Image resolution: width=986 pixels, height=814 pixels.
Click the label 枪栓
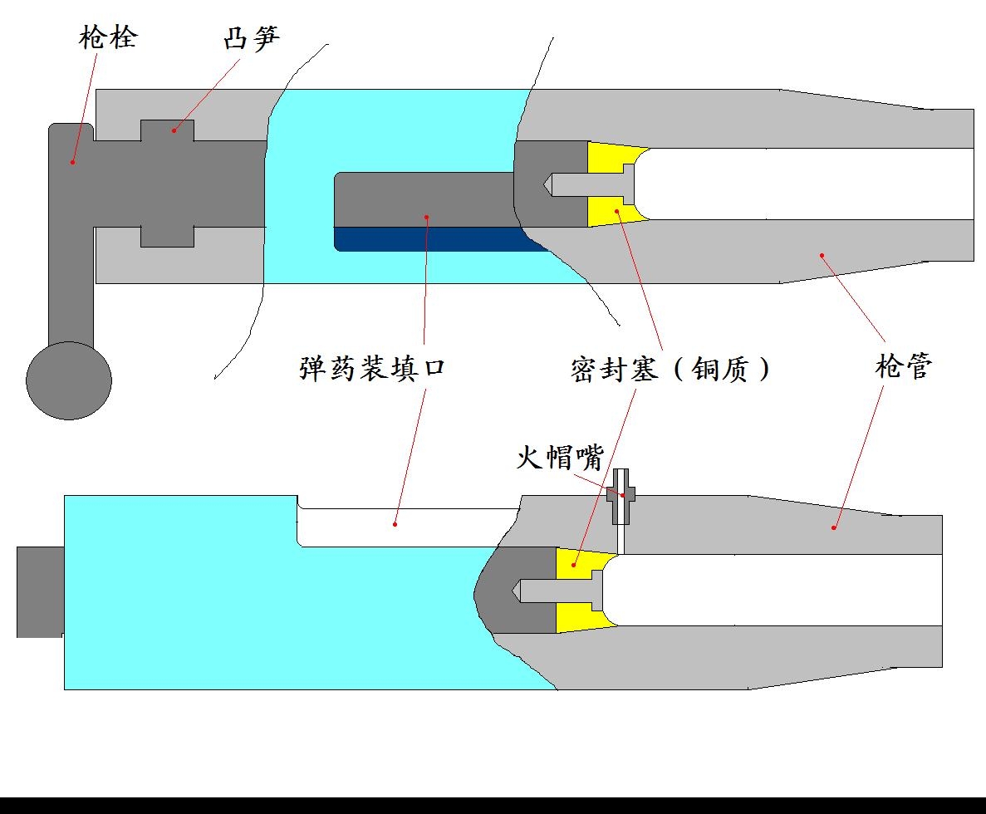(108, 38)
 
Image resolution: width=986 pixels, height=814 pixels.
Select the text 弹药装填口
(372, 368)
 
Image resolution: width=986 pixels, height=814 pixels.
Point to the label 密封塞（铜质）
(670, 368)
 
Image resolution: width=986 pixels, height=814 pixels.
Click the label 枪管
(904, 366)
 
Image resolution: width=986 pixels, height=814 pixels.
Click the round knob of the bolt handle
(69, 380)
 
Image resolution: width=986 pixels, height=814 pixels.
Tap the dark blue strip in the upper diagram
(432, 239)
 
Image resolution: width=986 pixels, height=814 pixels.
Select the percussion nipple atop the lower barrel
(622, 497)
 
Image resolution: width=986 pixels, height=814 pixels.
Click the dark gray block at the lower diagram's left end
(40, 591)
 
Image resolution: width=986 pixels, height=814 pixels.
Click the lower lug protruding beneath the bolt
(167, 236)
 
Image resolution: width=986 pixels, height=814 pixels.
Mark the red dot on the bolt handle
(72, 162)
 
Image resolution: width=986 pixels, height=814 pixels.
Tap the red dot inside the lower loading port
(395, 524)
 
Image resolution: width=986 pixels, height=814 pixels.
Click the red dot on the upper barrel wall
(822, 255)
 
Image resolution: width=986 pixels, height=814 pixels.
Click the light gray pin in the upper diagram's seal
(586, 184)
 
